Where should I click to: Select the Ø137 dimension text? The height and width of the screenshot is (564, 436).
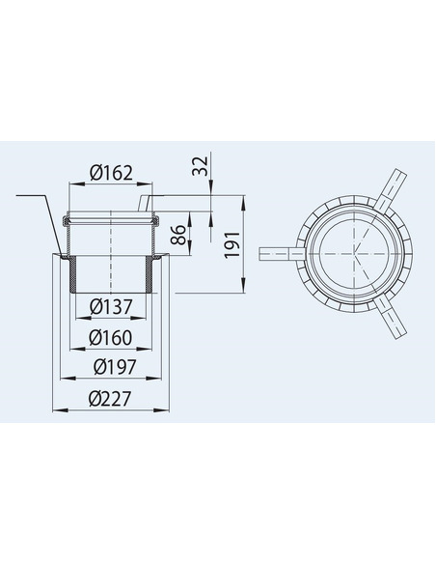coord(111,307)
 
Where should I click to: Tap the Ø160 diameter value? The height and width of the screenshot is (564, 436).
coord(111,338)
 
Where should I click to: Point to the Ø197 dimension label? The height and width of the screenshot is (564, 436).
coord(111,368)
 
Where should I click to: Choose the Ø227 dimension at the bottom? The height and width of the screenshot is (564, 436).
coord(111,399)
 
